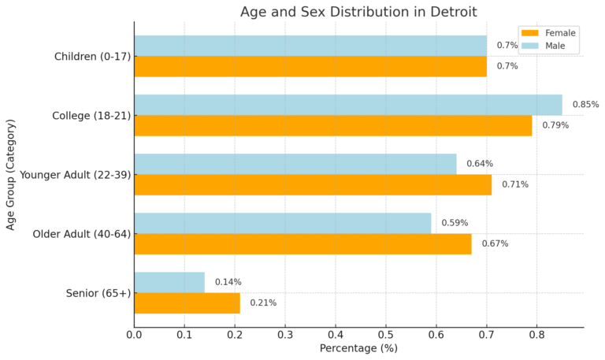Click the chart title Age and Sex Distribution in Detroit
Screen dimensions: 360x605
pyautogui.click(x=358, y=11)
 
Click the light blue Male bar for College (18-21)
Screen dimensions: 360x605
pyautogui.click(x=347, y=105)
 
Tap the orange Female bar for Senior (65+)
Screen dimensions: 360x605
pyautogui.click(x=187, y=302)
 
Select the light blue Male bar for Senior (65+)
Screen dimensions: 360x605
pyautogui.click(x=169, y=282)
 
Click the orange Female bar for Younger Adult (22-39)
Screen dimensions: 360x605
pyautogui.click(x=312, y=184)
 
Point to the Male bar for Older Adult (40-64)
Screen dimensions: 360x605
pyautogui.click(x=282, y=223)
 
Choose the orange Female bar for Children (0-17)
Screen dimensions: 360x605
pyautogui.click(x=310, y=66)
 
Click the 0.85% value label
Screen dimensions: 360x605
pyautogui.click(x=585, y=105)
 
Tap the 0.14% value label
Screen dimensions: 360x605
pyautogui.click(x=228, y=282)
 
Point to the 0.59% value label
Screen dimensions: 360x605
pyautogui.click(x=455, y=223)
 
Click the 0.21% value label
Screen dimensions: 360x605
pyautogui.click(x=263, y=302)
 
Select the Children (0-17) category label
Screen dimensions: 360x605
pyautogui.click(x=92, y=57)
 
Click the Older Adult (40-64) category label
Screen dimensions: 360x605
pyautogui.click(x=81, y=234)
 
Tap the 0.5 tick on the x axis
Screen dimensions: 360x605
pyautogui.click(x=386, y=334)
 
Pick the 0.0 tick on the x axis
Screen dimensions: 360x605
pyautogui.click(x=134, y=334)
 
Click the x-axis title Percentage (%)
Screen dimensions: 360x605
pyautogui.click(x=358, y=348)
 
